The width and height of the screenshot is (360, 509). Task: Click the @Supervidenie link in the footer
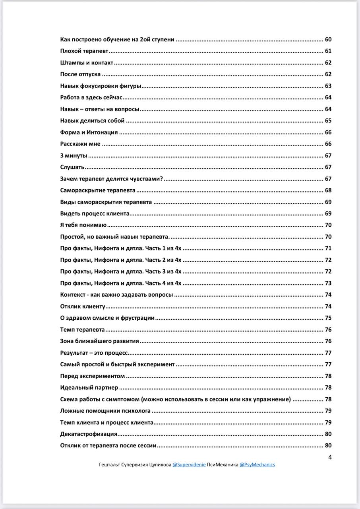click(189, 464)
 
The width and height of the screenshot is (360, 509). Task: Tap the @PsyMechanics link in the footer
click(257, 464)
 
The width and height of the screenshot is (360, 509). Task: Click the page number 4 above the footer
click(330, 457)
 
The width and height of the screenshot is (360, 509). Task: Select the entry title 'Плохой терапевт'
click(84, 51)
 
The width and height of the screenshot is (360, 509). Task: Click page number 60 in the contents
click(328, 39)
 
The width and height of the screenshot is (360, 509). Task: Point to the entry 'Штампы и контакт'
click(87, 63)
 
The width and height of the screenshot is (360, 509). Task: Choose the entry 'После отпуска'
click(80, 74)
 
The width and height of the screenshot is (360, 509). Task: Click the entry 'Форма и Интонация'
click(89, 132)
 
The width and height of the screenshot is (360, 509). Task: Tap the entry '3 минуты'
click(74, 155)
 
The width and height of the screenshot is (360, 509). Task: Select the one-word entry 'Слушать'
click(72, 167)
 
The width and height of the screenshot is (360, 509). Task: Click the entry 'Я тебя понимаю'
click(83, 225)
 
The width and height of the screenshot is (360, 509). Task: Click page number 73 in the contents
click(328, 283)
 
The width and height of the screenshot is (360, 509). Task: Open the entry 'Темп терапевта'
click(82, 330)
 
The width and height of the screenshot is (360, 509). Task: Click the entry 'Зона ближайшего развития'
click(99, 341)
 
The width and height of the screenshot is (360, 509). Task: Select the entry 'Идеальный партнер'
click(89, 388)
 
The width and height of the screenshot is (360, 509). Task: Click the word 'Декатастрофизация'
click(89, 434)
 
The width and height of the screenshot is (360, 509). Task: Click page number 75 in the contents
click(328, 318)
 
